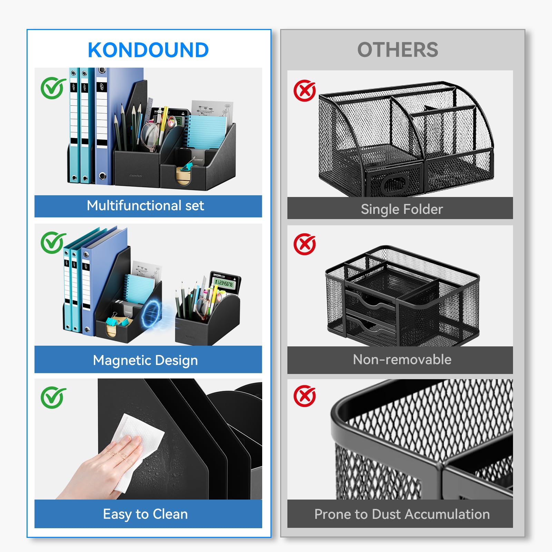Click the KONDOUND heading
148,50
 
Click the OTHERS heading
397,50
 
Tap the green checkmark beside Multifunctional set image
53,88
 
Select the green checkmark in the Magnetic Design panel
53,243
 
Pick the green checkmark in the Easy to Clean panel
53,397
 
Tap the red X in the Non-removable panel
305,244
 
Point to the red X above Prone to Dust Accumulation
305,396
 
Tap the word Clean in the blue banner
170,514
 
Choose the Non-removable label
402,359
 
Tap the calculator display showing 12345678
224,283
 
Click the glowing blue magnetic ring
151,314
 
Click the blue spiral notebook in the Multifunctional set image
206,133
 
